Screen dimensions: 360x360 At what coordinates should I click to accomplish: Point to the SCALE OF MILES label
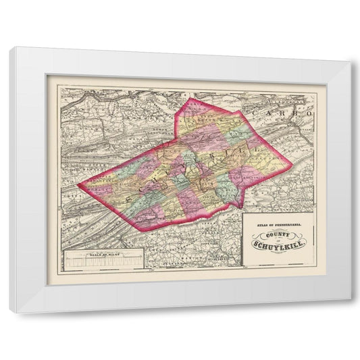coord(101,255)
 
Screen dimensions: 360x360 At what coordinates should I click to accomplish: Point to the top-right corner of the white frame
coord(350,61)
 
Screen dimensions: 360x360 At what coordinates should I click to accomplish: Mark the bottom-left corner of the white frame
coord(11,312)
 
